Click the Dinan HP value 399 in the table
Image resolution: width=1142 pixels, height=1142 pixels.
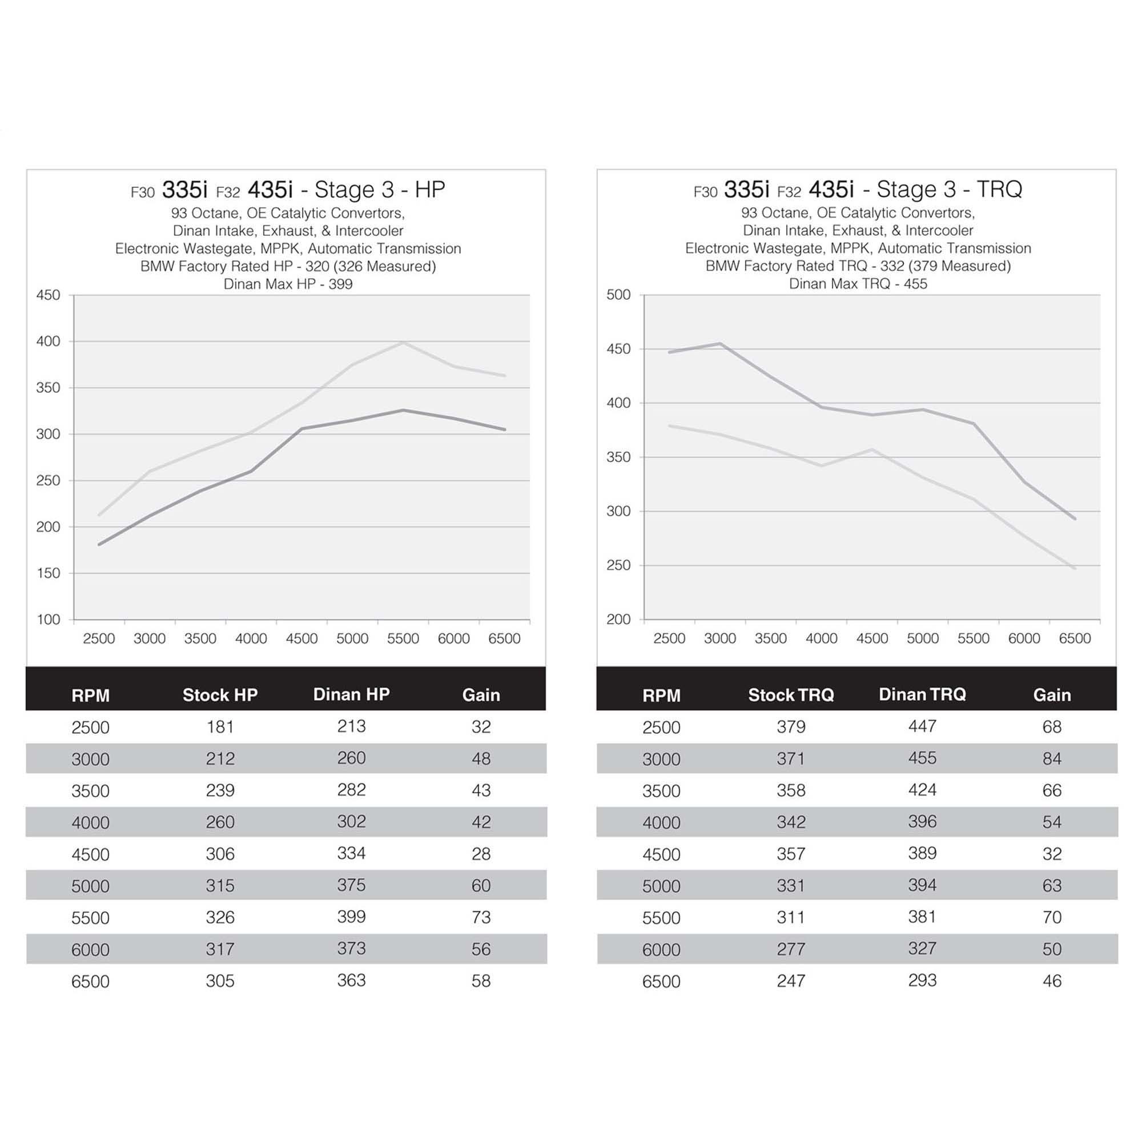[351, 917]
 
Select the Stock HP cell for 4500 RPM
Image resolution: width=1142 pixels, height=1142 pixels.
[220, 854]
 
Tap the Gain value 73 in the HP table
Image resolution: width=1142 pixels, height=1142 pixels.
[481, 918]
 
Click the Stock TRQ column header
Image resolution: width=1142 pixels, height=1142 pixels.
[790, 695]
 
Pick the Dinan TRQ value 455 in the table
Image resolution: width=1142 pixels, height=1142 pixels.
[922, 758]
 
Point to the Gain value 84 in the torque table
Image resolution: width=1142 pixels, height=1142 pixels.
[1052, 758]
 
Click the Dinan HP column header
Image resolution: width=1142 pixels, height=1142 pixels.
[351, 694]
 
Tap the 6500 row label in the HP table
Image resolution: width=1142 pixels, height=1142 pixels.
[90, 981]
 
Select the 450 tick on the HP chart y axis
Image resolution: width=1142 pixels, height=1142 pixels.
[49, 295]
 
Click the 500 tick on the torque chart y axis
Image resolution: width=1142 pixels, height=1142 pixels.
[618, 295]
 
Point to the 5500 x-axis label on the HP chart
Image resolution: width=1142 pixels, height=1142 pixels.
[403, 638]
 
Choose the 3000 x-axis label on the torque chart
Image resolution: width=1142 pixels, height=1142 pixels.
[719, 638]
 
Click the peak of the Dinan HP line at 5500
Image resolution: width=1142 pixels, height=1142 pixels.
[403, 342]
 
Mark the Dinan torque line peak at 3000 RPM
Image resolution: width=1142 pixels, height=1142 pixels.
[720, 343]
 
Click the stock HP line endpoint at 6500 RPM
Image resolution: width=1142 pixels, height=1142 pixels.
[504, 429]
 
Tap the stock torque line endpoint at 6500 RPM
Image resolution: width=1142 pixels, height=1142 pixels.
[1075, 568]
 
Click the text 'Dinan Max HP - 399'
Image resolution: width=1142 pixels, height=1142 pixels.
[288, 284]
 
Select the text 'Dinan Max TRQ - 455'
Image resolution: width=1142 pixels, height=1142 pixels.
[858, 284]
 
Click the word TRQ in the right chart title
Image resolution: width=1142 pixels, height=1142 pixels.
[999, 189]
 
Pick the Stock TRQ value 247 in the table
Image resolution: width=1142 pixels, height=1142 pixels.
[790, 980]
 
